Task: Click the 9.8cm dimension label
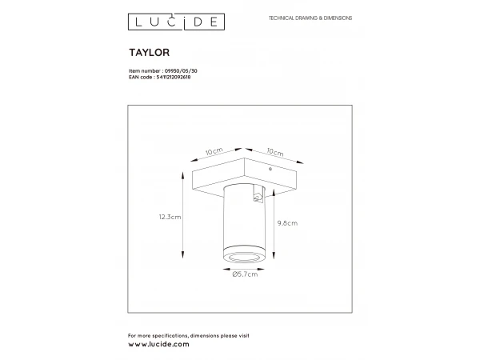288,223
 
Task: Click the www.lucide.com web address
158,343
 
